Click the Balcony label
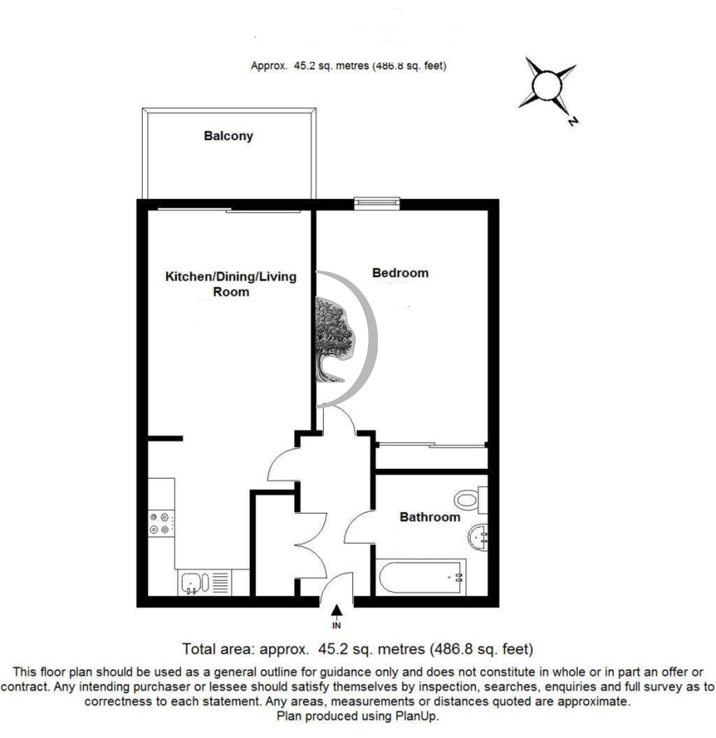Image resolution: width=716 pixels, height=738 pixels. click(228, 136)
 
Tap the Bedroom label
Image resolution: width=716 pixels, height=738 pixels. click(400, 272)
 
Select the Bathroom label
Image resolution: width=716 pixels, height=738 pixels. click(430, 517)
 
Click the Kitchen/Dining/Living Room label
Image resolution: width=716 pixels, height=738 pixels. click(231, 284)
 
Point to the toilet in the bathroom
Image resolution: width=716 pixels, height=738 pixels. click(470, 500)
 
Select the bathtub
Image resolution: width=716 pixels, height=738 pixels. click(421, 577)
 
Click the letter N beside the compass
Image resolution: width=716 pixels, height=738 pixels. click(573, 122)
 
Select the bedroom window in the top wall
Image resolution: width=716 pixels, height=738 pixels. click(377, 203)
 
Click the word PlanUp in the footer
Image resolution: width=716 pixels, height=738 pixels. click(416, 715)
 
